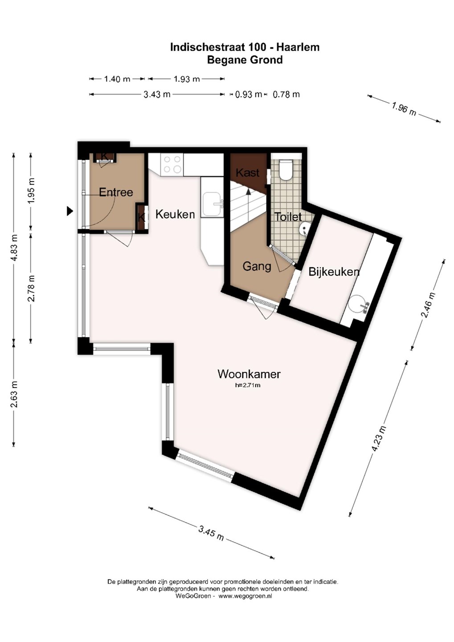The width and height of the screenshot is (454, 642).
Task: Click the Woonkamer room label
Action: click(249, 374)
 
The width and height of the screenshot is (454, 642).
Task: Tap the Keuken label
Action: click(175, 214)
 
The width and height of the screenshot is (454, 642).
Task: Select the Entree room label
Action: click(116, 192)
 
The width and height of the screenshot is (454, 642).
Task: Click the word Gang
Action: click(257, 267)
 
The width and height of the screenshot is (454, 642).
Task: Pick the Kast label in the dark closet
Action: click(248, 173)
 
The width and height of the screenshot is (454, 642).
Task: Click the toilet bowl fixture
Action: click(286, 170)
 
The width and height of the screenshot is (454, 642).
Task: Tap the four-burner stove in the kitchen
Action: click(172, 165)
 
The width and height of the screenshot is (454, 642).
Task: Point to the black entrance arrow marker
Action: click(70, 211)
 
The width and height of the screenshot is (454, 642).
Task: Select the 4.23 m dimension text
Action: click(379, 439)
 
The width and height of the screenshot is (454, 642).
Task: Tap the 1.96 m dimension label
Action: click(404, 110)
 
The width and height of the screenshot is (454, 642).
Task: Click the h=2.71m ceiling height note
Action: click(248, 386)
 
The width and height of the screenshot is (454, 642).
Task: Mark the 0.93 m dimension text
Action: click(249, 95)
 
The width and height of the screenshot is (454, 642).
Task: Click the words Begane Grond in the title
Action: click(245, 60)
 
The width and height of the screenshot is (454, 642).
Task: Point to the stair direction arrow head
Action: click(248, 192)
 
